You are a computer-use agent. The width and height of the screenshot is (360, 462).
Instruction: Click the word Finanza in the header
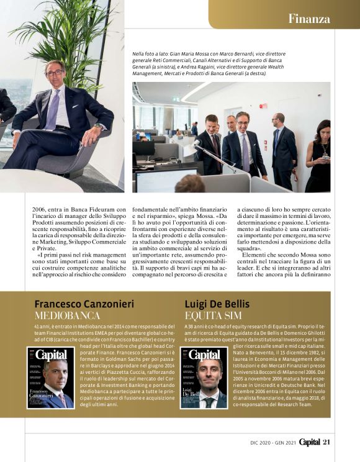tap(308, 19)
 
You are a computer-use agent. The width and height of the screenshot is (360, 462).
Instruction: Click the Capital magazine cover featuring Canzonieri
tap(50, 378)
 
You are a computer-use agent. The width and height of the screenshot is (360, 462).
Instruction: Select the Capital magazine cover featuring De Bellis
tap(204, 378)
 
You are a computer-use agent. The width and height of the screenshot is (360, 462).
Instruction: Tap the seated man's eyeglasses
tap(54, 73)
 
